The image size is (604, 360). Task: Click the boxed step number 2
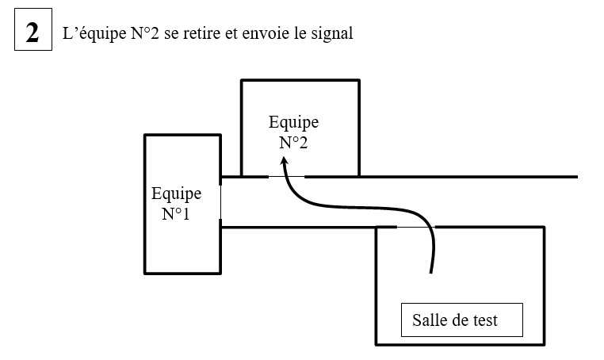pos(32,33)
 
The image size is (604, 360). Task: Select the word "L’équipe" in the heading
pos(90,35)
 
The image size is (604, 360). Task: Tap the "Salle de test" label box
pos(461,320)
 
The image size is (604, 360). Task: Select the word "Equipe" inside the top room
pos(293,123)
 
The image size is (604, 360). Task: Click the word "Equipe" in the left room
pos(176,193)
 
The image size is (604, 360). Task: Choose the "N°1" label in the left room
pos(176,213)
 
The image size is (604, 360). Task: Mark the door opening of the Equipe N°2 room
pos(286,176)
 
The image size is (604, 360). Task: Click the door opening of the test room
pos(416,227)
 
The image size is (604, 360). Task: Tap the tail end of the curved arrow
pos(430,272)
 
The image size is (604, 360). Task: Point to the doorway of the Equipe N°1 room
pos(220,202)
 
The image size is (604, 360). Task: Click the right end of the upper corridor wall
pos(575,176)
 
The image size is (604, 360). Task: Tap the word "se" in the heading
pos(173,35)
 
